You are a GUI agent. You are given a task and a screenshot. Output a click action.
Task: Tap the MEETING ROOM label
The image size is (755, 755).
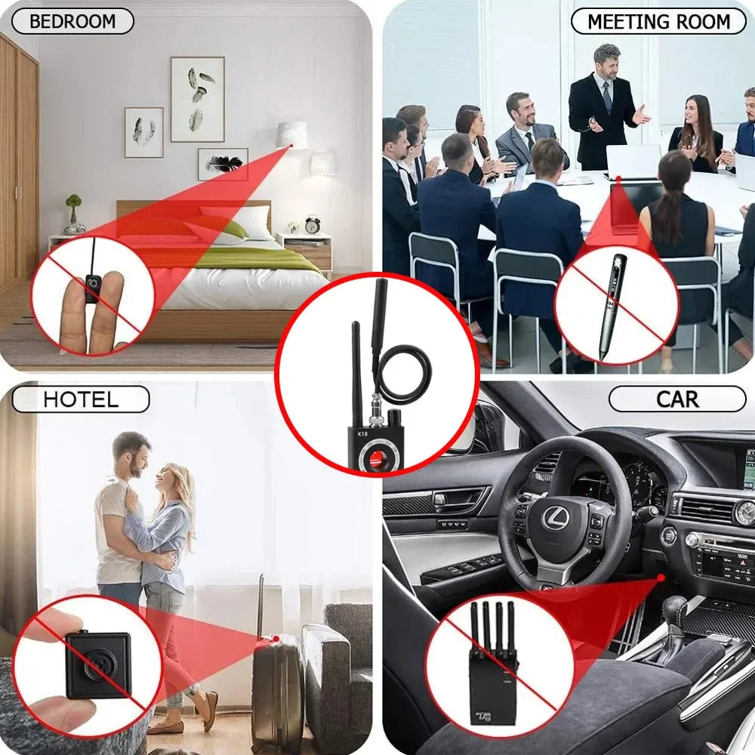pyautogui.click(x=658, y=21)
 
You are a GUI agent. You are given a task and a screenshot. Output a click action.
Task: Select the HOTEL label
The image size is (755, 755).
pyautogui.click(x=80, y=399)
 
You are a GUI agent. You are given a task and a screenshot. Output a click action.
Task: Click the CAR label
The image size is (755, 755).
pyautogui.click(x=676, y=399)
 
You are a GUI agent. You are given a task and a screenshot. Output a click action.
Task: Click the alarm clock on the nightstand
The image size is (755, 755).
pyautogui.click(x=312, y=224)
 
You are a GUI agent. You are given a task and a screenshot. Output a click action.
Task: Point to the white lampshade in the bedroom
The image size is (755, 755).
pyautogui.click(x=292, y=134)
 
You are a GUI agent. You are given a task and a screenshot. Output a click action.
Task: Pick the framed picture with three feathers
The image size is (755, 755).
pyautogui.click(x=197, y=99)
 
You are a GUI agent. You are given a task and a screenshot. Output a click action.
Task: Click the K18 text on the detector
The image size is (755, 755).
pyautogui.click(x=363, y=434)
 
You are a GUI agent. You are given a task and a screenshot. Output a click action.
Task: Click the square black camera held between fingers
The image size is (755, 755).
pyautogui.click(x=97, y=664)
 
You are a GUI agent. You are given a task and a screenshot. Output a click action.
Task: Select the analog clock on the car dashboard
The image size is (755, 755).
pyautogui.click(x=744, y=513)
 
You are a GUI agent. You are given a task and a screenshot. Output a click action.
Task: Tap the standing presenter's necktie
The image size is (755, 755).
pyautogui.click(x=607, y=97)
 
